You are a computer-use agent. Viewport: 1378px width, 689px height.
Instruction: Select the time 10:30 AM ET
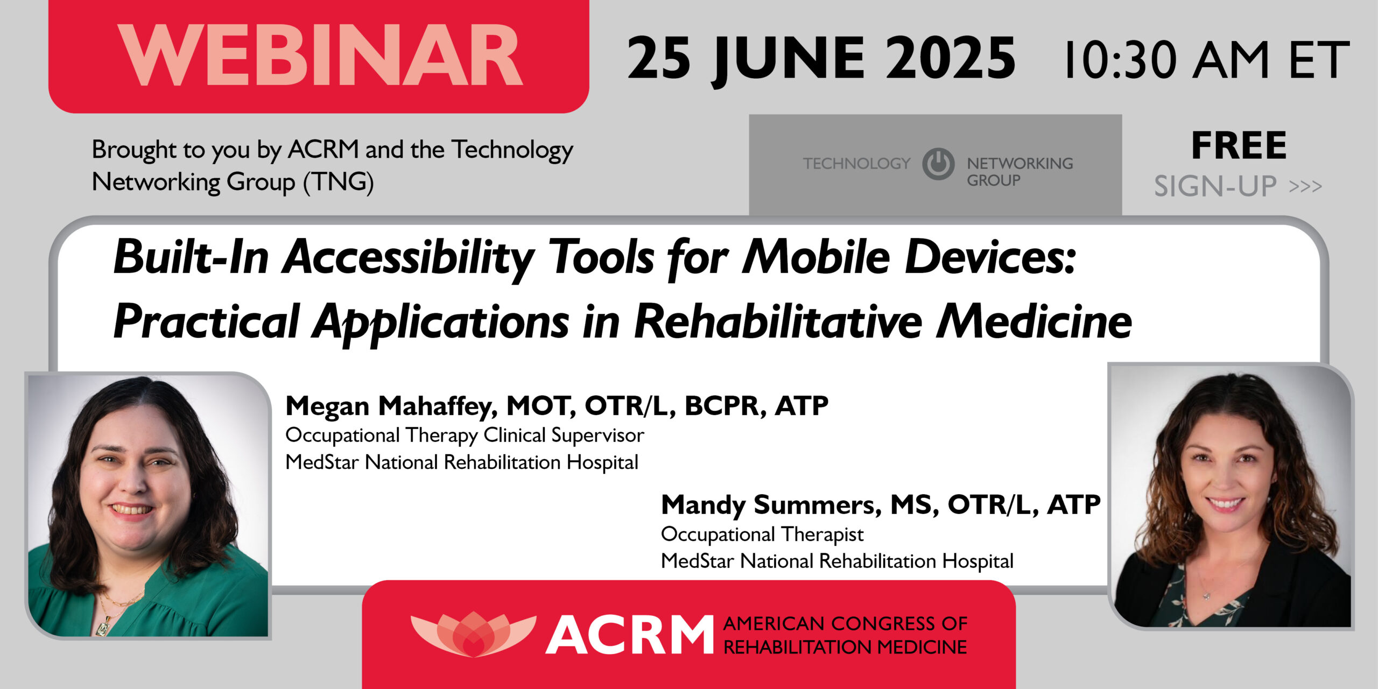(1206, 60)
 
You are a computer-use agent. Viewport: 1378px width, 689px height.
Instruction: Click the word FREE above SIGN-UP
(1239, 146)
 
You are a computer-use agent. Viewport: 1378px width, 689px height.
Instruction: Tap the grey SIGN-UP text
(1215, 186)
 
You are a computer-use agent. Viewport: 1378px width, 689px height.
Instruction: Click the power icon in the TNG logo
(938, 164)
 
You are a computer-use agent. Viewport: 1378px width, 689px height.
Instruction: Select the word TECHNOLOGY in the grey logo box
(856, 163)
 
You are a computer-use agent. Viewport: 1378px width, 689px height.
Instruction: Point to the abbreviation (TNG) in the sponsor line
(338, 182)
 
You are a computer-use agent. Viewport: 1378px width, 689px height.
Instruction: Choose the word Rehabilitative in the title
(778, 322)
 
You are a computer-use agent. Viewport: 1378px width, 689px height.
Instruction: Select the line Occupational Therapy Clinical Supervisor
(464, 435)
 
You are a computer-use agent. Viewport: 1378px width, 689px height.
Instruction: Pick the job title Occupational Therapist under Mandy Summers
(762, 534)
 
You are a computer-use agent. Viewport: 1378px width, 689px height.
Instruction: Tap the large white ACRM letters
(630, 636)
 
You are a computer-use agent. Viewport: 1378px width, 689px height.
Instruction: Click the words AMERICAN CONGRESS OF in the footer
(845, 623)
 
